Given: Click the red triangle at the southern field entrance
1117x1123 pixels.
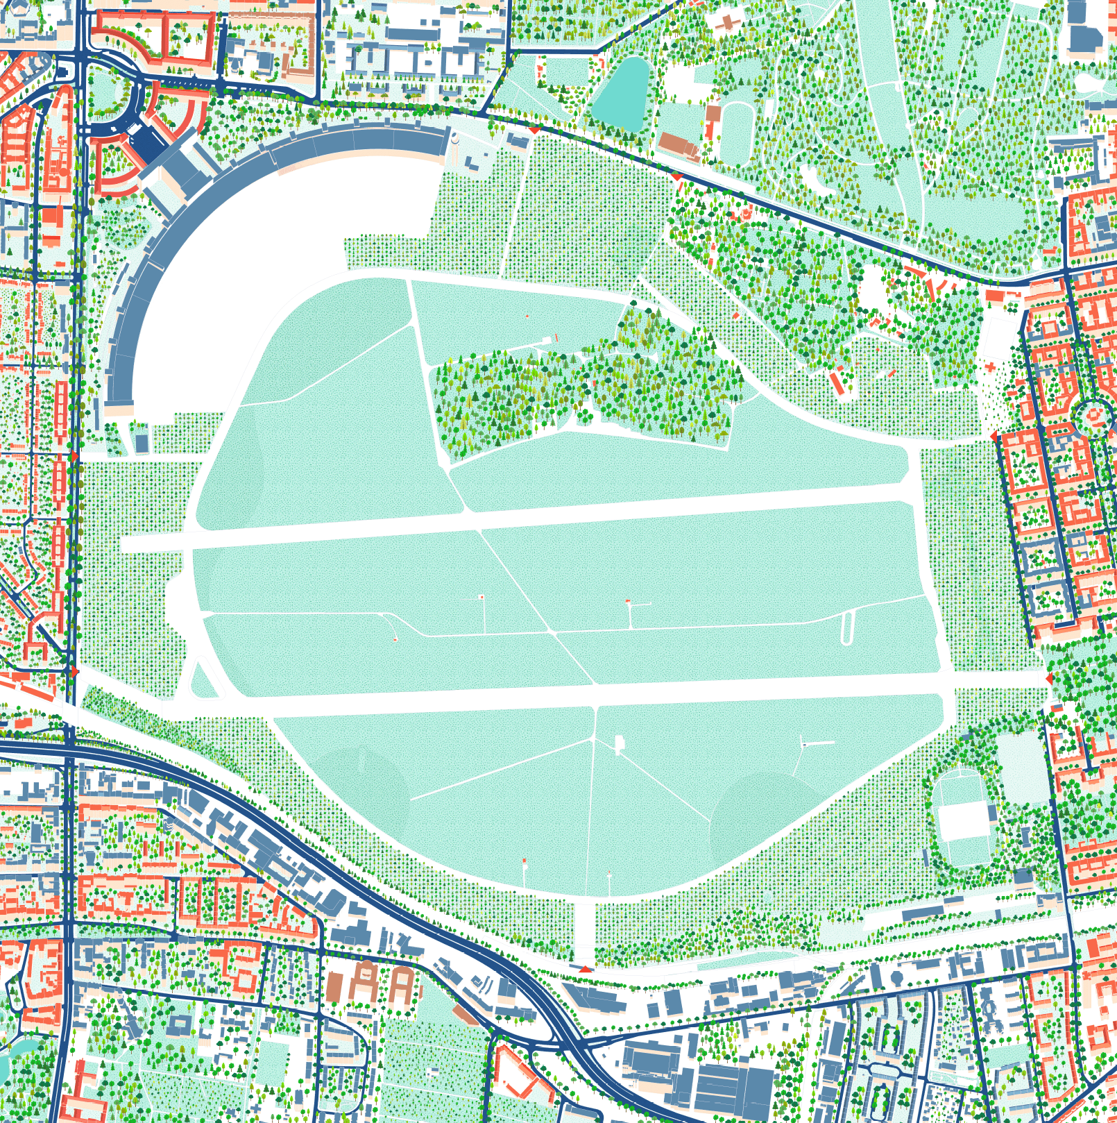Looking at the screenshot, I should pyautogui.click(x=586, y=968).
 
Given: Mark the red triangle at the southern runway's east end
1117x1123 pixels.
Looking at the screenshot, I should pyautogui.click(x=1049, y=677).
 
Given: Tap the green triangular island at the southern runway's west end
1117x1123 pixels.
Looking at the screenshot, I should pyautogui.click(x=203, y=681).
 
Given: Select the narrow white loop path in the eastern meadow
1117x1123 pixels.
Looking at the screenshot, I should pyautogui.click(x=846, y=628).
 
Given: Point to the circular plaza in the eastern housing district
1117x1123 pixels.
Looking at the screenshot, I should pyautogui.click(x=1092, y=416).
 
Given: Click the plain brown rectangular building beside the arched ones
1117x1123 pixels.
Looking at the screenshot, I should pyautogui.click(x=335, y=985).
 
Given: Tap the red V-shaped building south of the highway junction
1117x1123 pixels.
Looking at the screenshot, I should pyautogui.click(x=518, y=1075).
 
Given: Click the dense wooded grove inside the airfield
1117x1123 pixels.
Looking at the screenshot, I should pyautogui.click(x=583, y=389).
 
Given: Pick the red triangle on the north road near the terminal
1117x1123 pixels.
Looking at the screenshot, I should pyautogui.click(x=534, y=130).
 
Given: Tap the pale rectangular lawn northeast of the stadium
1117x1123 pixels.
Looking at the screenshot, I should pyautogui.click(x=1021, y=767).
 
